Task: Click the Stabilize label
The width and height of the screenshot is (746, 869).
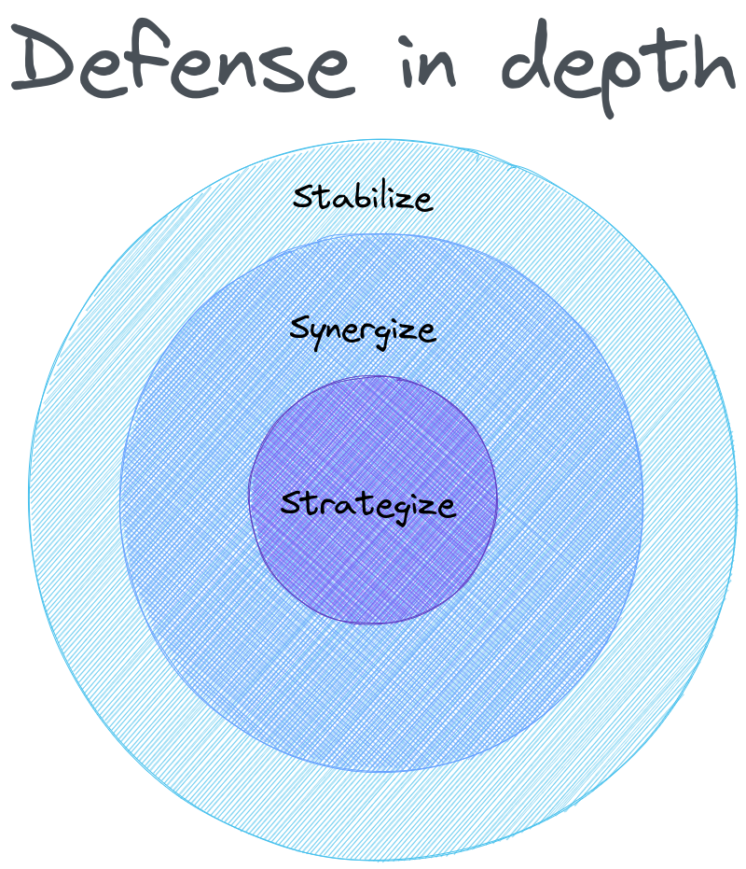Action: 363,197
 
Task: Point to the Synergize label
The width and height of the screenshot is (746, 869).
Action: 363,330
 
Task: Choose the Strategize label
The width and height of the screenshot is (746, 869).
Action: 368,504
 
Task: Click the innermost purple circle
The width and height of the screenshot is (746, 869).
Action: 373,569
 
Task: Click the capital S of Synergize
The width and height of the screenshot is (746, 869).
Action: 299,329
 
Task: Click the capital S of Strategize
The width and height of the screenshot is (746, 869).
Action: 290,504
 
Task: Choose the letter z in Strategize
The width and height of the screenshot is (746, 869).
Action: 424,507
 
